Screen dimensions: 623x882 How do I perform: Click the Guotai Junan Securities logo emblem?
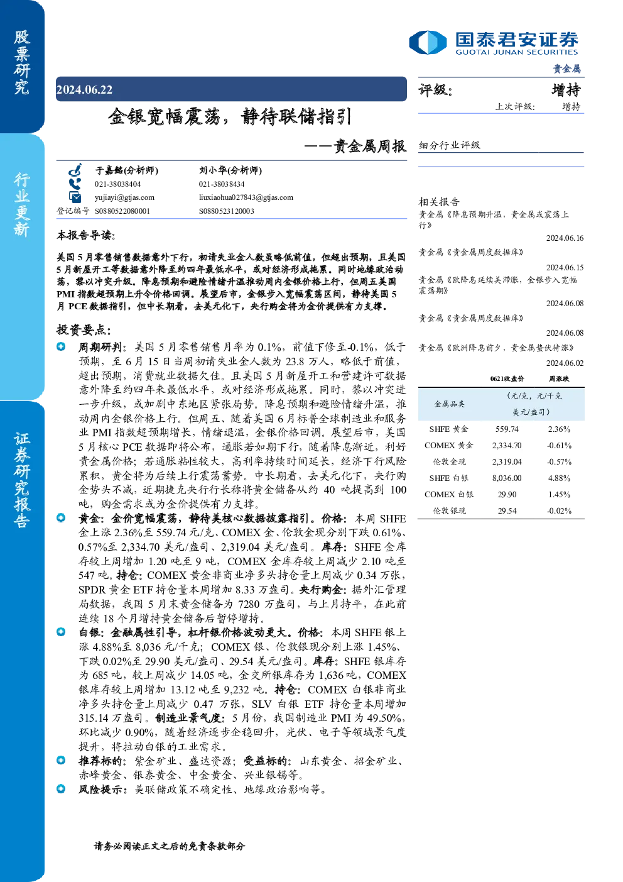coord(428,42)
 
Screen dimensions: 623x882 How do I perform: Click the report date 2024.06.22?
coord(84,90)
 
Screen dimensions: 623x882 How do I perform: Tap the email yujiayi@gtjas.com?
coord(124,197)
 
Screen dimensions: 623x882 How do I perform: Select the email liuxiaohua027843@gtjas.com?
coord(246,197)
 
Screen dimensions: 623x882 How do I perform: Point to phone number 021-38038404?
coord(117,184)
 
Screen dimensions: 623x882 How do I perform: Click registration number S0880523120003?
coord(227,211)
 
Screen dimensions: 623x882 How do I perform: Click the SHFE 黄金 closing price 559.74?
coord(507,429)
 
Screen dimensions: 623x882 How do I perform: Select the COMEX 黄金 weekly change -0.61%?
coord(559,445)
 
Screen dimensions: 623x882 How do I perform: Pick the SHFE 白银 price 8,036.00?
coord(507,478)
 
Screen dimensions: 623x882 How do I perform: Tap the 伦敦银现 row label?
coord(449,510)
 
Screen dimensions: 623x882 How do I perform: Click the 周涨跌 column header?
coord(559,379)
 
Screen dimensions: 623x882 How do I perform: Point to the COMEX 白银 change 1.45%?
coord(559,494)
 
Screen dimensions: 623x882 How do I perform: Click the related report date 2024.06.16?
coord(565,238)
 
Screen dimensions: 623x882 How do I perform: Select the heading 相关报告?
coord(439,202)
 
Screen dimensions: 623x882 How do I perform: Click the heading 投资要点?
coord(84,329)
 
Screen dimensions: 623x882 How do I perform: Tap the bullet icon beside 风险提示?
coord(61,789)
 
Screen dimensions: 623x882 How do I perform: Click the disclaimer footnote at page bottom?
coord(170,846)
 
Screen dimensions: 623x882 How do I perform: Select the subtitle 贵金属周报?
coord(369,146)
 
